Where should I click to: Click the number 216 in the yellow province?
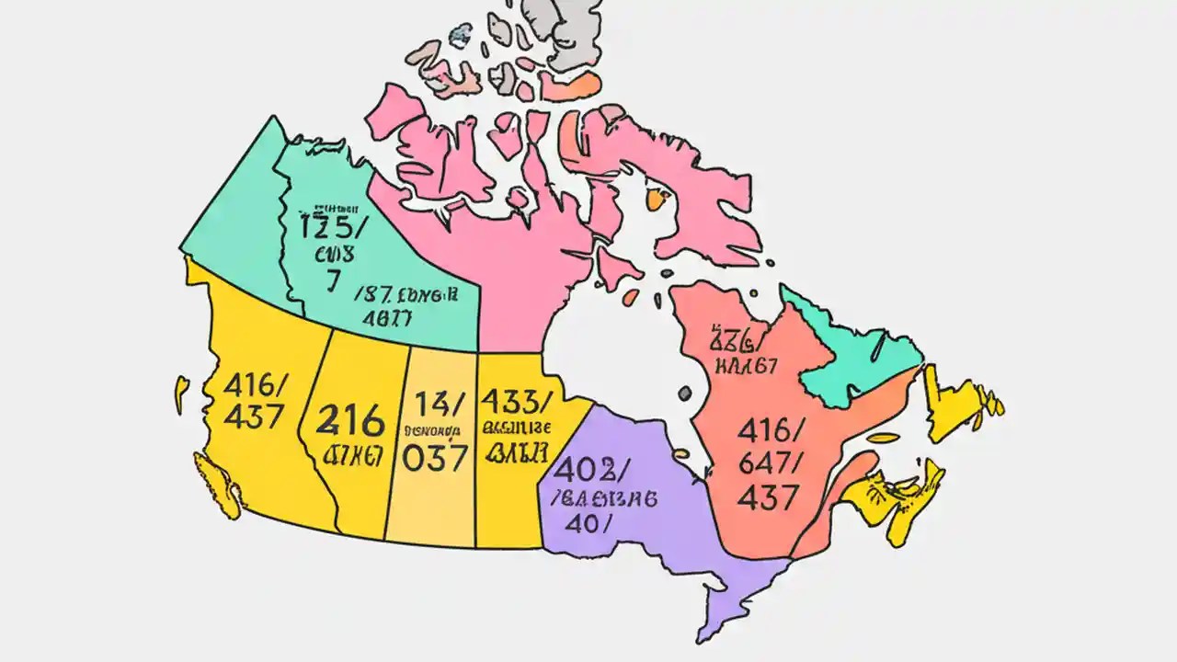pyautogui.click(x=350, y=422)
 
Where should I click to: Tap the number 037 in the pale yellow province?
pyautogui.click(x=435, y=457)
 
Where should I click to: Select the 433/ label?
pyautogui.click(x=517, y=401)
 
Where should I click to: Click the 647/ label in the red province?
pyautogui.click(x=771, y=462)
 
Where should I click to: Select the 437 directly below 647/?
pyautogui.click(x=767, y=497)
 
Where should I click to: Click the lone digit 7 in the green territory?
pyautogui.click(x=332, y=281)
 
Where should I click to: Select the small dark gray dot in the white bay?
pyautogui.click(x=684, y=393)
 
